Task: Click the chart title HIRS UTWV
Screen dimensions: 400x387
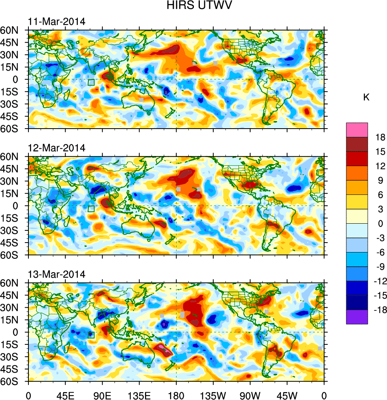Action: point(193,6)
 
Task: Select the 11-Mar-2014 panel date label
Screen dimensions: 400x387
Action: point(56,21)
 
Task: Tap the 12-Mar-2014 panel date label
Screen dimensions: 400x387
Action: point(56,148)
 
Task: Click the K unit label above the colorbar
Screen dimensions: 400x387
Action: point(366,97)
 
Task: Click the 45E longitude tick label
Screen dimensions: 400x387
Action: point(65,394)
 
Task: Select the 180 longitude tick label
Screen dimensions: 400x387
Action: point(176,394)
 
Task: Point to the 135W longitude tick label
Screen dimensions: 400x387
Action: point(213,394)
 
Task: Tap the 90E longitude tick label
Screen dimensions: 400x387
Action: point(102,394)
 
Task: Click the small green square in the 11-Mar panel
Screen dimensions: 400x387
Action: point(91,82)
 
